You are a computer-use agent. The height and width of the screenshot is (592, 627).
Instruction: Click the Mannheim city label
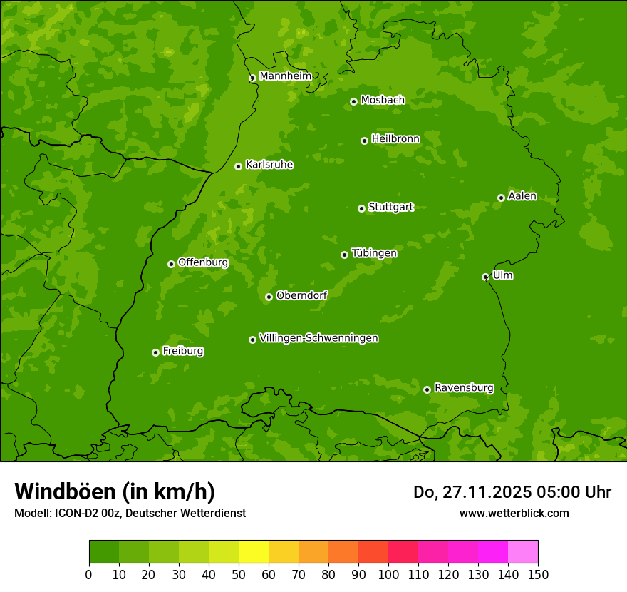point(285,76)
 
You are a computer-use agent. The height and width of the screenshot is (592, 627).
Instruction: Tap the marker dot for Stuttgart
point(361,208)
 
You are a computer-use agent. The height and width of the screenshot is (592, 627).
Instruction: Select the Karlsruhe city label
point(269,165)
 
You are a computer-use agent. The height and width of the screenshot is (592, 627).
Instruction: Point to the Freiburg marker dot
point(155,352)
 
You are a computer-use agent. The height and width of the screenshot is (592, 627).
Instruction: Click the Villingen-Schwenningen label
point(318,338)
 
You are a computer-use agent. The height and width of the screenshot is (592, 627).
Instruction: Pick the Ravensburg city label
point(464,388)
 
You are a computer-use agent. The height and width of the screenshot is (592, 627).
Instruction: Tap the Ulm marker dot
point(485,277)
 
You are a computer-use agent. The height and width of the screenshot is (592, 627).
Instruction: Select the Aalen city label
point(522,196)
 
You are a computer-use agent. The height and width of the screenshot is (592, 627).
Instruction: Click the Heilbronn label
point(395,139)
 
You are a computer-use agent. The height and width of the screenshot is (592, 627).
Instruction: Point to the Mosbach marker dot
point(353,101)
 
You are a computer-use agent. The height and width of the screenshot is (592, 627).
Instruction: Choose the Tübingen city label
point(374,253)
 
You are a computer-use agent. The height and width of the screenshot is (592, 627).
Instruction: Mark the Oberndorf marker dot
point(269,297)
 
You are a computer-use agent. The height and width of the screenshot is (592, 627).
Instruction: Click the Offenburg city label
point(203,262)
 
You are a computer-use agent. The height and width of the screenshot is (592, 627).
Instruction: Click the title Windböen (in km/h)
point(115,491)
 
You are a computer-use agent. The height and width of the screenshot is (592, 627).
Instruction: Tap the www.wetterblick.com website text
point(514,513)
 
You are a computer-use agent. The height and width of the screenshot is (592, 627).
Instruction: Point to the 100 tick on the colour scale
point(388,574)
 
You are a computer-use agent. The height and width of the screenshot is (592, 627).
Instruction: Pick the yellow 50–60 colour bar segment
point(254,551)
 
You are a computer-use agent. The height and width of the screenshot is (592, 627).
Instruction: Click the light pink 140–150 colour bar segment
point(523,551)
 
